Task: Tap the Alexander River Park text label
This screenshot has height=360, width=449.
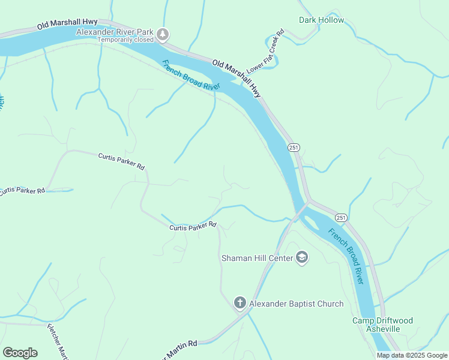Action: point(115,32)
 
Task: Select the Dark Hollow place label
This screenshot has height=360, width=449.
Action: point(322,20)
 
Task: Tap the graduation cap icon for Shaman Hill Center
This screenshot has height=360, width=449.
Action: point(303,258)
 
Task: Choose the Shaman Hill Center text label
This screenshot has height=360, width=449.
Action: point(257,259)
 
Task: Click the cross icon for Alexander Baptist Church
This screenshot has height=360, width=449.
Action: point(240,303)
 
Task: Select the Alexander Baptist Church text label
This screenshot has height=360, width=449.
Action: point(297,304)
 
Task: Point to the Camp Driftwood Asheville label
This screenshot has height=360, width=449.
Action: point(382,325)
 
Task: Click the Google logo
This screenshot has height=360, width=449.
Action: point(20,352)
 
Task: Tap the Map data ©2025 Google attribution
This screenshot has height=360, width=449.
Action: point(411,355)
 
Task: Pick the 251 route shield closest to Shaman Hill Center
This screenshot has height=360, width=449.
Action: point(341,217)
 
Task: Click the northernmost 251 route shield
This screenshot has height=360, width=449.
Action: point(293,148)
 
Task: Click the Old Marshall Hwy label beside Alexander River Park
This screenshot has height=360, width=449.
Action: point(67,24)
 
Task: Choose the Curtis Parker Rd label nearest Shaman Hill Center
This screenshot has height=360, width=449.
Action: point(193,227)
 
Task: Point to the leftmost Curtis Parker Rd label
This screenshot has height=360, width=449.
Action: point(22,191)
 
